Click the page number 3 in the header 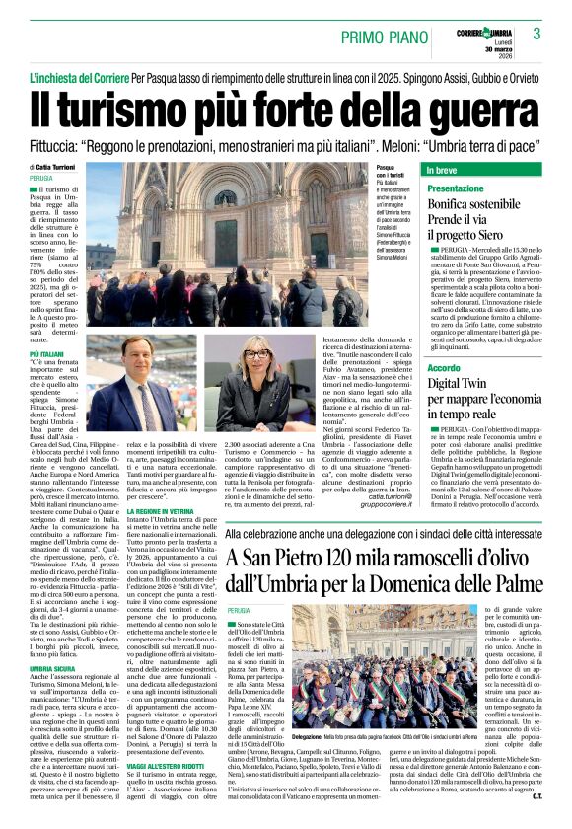coord(536,34)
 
